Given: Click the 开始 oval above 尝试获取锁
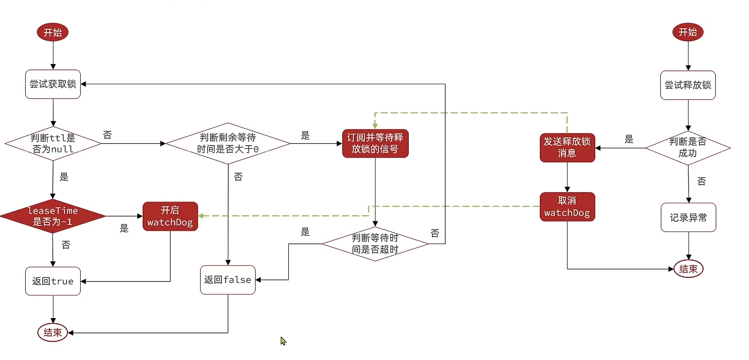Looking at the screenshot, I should pyautogui.click(x=52, y=33).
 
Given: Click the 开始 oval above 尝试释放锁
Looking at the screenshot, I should pyautogui.click(x=688, y=33).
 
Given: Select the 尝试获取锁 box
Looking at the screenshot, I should pyautogui.click(x=53, y=84).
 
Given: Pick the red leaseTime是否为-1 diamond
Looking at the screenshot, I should pyautogui.click(x=53, y=216).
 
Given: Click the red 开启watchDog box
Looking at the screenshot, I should pyautogui.click(x=170, y=216).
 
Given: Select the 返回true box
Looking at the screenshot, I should pyautogui.click(x=53, y=281).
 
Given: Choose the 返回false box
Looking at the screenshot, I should pyautogui.click(x=228, y=280).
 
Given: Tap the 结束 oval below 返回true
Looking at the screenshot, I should pyautogui.click(x=53, y=333).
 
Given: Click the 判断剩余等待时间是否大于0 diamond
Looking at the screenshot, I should pyautogui.click(x=228, y=144).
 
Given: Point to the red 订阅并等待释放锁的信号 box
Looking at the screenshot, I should pyautogui.click(x=375, y=144).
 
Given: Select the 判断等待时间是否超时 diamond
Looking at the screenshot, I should pyautogui.click(x=375, y=244).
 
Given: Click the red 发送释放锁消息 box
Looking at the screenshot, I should pyautogui.click(x=567, y=147).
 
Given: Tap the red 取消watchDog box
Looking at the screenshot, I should pyautogui.click(x=567, y=207).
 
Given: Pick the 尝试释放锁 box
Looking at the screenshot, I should pyautogui.click(x=688, y=85).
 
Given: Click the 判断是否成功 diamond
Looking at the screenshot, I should pyautogui.click(x=688, y=148).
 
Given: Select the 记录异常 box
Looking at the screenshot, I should pyautogui.click(x=688, y=218).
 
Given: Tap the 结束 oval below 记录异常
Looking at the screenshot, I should pyautogui.click(x=688, y=269).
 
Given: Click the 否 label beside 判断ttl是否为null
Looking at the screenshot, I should pyautogui.click(x=107, y=135).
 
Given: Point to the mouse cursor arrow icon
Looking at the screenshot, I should pyautogui.click(x=283, y=341).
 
